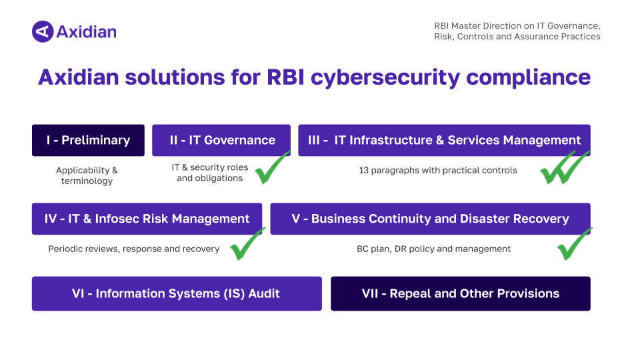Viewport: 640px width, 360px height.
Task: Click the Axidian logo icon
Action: (x=42, y=31)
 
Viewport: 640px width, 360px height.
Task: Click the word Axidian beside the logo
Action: (x=86, y=31)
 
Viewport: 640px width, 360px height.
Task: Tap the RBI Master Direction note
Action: (x=517, y=31)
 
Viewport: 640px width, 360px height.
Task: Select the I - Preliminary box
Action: (x=88, y=140)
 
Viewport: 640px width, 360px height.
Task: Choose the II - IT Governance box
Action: (x=221, y=140)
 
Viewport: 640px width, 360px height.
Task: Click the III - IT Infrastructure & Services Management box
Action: (x=444, y=140)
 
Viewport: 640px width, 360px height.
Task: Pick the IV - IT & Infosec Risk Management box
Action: (x=147, y=219)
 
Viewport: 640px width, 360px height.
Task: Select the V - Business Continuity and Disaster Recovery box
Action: (x=430, y=219)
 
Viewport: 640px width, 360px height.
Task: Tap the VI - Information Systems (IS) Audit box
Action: (x=177, y=293)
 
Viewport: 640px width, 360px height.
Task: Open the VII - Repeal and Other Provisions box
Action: (x=461, y=293)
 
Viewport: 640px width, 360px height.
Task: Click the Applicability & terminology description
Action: (x=87, y=176)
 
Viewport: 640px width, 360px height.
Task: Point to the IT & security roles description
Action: (x=209, y=173)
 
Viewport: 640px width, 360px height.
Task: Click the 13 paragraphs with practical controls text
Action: (x=438, y=170)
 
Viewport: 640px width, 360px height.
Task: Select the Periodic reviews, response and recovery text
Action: (x=134, y=249)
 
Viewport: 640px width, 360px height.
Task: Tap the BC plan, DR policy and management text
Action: (x=433, y=249)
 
